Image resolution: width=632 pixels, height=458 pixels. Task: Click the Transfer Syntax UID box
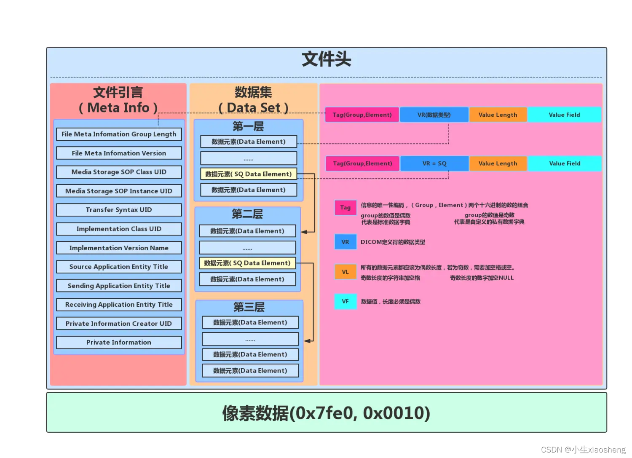click(119, 210)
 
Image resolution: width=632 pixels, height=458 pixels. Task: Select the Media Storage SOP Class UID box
click(119, 172)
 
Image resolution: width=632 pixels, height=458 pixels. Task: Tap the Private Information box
click(119, 343)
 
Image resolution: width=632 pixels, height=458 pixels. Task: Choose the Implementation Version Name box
click(119, 248)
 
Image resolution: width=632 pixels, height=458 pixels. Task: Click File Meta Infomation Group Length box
click(119, 134)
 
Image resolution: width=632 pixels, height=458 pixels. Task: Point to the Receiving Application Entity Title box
click(119, 305)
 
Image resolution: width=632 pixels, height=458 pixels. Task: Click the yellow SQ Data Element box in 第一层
click(249, 174)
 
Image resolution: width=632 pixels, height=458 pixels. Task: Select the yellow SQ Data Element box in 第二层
click(247, 263)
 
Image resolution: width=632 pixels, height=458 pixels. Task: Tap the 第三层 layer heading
click(249, 307)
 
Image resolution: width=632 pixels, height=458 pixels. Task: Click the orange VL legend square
click(345, 272)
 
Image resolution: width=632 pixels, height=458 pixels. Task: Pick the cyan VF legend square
click(345, 302)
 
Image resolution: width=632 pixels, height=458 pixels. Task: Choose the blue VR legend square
click(345, 242)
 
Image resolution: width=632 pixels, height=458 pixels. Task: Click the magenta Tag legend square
click(345, 207)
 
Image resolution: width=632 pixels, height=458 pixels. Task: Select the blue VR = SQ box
click(434, 163)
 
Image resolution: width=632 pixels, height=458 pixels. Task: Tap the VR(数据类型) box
click(434, 115)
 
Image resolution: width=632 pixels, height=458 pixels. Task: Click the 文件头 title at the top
click(327, 59)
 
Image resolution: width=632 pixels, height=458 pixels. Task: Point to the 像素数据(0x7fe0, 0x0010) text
click(326, 413)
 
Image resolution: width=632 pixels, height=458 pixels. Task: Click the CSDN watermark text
click(583, 450)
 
